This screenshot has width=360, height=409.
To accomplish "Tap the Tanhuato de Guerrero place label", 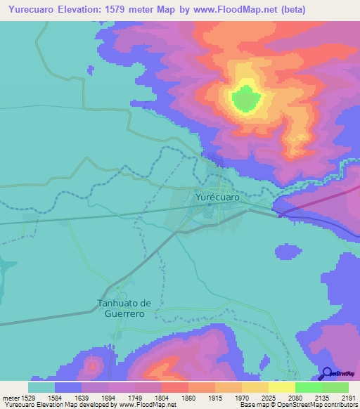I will (124, 309).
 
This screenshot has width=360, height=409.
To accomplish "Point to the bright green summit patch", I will (245, 98).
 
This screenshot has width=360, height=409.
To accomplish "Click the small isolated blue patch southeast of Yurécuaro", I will (287, 252).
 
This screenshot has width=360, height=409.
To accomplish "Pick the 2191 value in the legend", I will (348, 397).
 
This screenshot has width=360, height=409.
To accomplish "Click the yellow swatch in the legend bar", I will (281, 387).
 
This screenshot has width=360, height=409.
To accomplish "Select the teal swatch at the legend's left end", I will (41, 387).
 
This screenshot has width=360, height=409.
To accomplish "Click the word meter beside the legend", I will (9, 397).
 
